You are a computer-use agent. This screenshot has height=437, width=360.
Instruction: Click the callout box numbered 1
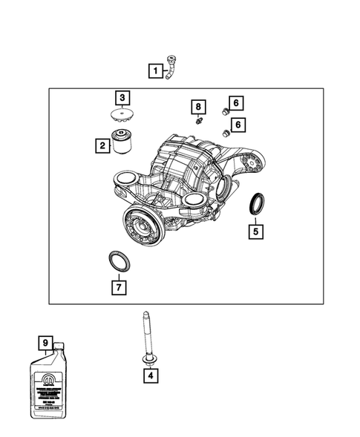point(155,71)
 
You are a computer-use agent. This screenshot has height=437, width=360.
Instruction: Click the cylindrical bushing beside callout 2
point(122,140)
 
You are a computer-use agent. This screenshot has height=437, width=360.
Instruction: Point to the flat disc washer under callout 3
point(120,116)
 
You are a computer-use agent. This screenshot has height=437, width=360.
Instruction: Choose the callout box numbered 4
point(149,375)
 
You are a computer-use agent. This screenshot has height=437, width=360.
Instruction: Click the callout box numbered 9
point(46,342)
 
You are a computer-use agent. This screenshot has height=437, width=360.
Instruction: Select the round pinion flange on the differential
point(140,223)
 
